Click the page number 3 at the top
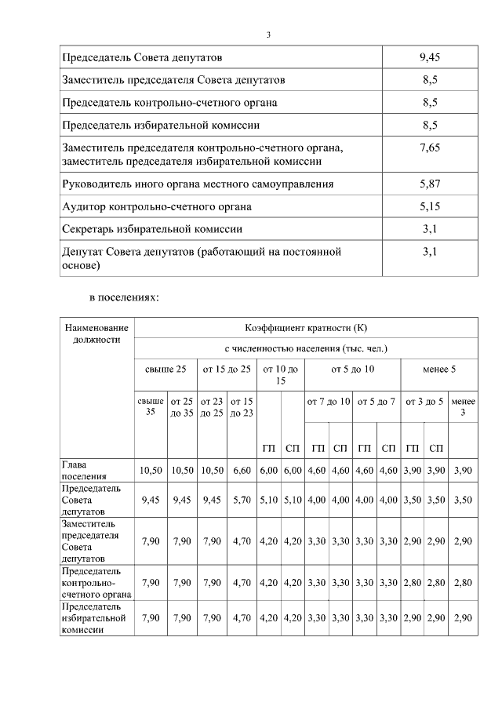click(268, 35)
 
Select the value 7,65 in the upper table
click(429, 147)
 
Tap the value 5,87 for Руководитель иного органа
click(429, 184)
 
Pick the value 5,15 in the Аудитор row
click(429, 206)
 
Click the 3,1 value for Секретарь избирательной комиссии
click(429, 229)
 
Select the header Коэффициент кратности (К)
click(305, 327)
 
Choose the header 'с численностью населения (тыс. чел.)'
click(305, 348)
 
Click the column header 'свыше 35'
click(151, 407)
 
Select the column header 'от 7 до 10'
click(328, 402)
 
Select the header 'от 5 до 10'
click(352, 369)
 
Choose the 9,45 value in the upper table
click(429, 57)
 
